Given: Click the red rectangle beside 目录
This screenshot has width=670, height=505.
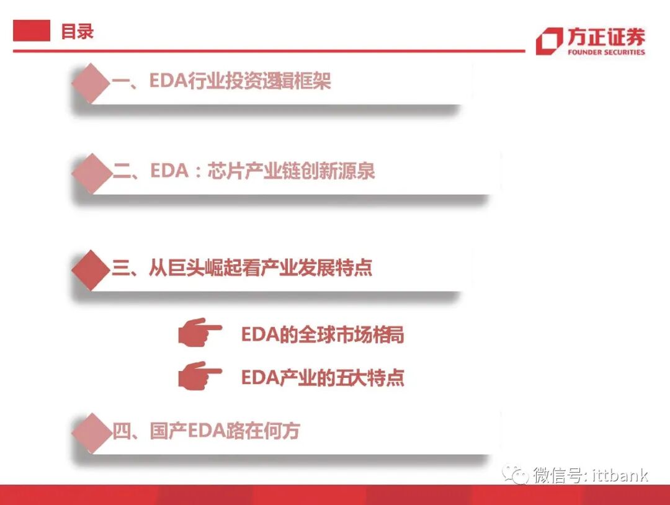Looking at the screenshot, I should click(x=32, y=30).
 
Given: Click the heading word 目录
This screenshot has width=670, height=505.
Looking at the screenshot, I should click(x=77, y=32).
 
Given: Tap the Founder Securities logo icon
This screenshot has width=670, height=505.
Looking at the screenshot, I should click(x=548, y=41).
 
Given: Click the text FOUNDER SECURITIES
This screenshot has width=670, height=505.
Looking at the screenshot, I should click(x=605, y=52).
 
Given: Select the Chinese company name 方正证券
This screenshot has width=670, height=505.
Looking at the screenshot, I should click(x=605, y=37).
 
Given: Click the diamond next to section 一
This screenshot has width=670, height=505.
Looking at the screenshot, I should click(x=91, y=82).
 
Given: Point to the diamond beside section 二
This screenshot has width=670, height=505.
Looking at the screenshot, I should click(x=91, y=172).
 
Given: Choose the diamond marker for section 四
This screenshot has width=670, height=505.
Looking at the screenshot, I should click(x=91, y=432).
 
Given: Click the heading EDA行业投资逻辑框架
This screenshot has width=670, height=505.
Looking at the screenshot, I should click(x=240, y=81).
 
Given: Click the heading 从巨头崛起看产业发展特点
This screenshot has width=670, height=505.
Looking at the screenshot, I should click(x=260, y=268).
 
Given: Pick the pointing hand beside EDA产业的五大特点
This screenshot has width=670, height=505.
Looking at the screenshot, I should click(x=199, y=376).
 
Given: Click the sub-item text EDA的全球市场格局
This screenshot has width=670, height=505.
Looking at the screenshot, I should click(x=323, y=335).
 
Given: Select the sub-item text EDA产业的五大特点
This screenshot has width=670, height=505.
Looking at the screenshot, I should click(x=323, y=377).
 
